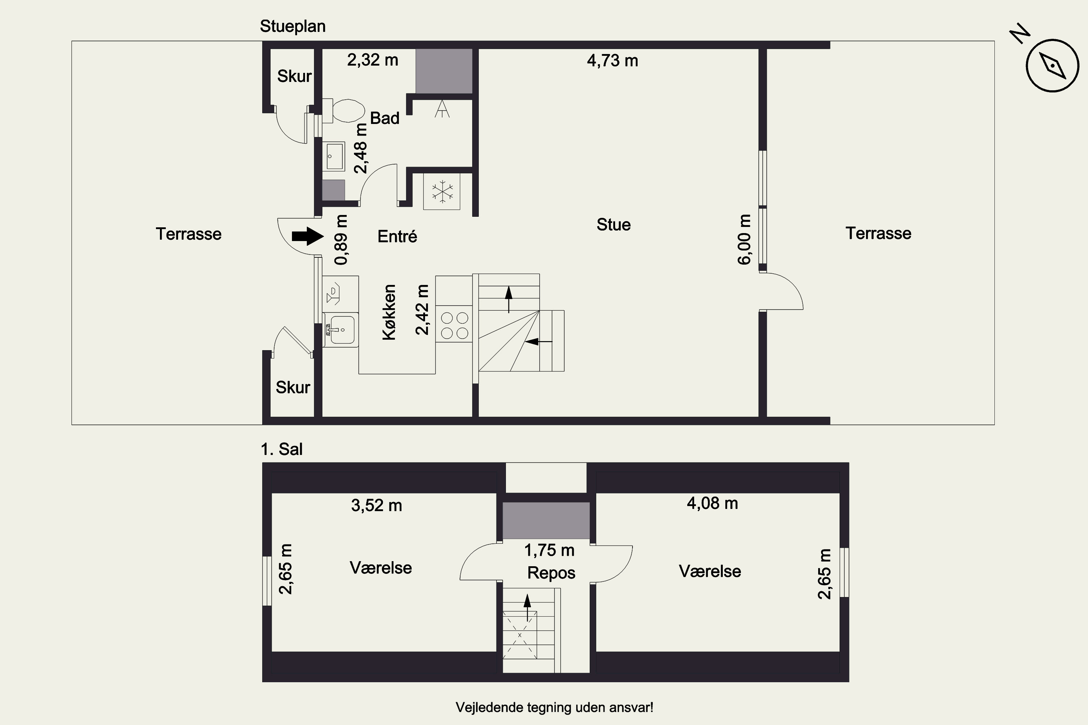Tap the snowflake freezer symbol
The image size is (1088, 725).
point(442,191)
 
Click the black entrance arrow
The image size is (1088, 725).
point(308,236)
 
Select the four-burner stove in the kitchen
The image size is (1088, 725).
point(454,326)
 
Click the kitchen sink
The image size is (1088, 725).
point(341,330)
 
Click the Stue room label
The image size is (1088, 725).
point(613,225)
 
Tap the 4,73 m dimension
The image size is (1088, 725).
point(613,61)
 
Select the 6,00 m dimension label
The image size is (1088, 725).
point(744,240)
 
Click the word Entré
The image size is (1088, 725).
point(397,236)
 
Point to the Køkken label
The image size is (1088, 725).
point(389,312)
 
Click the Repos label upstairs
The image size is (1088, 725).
point(551,573)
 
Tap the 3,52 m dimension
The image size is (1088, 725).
point(376,505)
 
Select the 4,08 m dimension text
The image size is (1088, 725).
point(712,503)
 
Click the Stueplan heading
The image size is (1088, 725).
point(293,26)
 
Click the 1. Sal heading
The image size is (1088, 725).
point(282,449)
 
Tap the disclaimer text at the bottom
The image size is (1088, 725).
point(555,708)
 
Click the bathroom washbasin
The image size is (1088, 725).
point(334,157)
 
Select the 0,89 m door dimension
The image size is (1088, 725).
point(341,240)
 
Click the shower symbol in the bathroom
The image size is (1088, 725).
point(442,109)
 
